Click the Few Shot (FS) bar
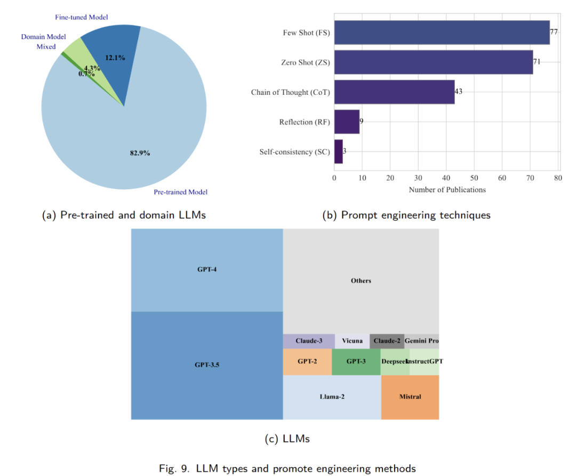(442, 32)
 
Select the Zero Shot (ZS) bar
(433, 62)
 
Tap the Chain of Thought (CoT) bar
(394, 92)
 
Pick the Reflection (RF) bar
(347, 122)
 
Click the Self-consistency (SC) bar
(338, 152)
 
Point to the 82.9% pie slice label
(140, 153)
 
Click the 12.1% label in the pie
(115, 58)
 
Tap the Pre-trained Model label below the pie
(181, 192)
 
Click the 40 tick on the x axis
(446, 178)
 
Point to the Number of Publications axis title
(447, 190)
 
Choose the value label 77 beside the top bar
(554, 32)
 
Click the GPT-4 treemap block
(207, 269)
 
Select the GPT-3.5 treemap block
(207, 366)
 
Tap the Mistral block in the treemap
(410, 397)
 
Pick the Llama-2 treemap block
(332, 397)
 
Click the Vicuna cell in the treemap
(352, 341)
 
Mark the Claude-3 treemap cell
(309, 341)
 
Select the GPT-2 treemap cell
(307, 362)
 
